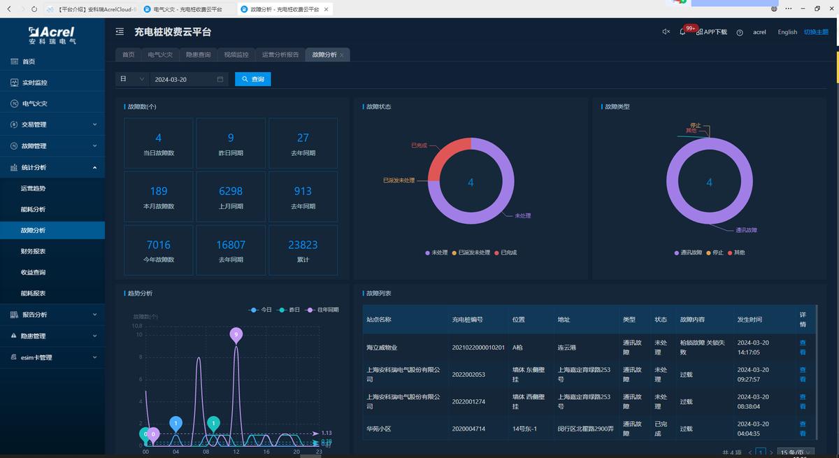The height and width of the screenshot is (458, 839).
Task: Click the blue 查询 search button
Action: coord(252,79)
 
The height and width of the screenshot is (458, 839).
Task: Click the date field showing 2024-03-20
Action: coord(187,80)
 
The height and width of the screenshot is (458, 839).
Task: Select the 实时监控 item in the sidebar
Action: coord(34,83)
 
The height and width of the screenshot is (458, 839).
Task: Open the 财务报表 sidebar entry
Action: coord(33,251)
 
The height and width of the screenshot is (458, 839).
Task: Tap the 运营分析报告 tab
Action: coord(280,55)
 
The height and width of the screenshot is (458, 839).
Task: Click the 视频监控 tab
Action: coord(236,55)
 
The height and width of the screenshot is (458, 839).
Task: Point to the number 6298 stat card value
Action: coord(231,191)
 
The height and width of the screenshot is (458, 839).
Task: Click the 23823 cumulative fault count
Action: coord(303,245)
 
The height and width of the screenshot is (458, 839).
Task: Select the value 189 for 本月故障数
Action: coord(159,191)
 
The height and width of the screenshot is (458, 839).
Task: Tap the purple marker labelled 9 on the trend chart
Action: coord(236,335)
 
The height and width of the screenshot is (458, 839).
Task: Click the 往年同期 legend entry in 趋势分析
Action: coord(324,309)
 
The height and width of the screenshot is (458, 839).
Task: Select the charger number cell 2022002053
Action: coord(468,374)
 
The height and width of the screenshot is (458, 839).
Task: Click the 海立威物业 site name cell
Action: coord(382,348)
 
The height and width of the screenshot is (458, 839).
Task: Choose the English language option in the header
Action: coord(787,32)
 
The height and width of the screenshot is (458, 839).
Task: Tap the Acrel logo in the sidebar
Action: coord(52,35)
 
